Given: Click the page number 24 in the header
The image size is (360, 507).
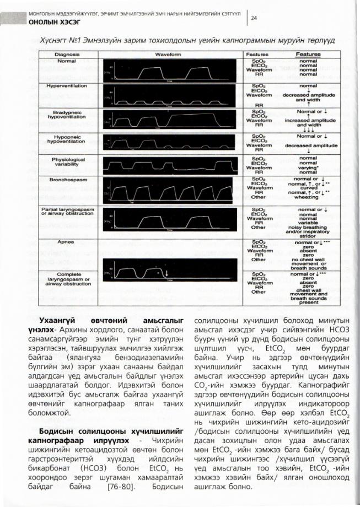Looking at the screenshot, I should point(255,17).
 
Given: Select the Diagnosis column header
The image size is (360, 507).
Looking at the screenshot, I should point(67,55).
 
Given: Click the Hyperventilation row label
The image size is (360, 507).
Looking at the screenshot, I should point(67,87).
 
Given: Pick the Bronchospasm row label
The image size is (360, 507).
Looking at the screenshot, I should point(67,180).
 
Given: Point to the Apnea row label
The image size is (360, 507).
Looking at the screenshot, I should point(67,241).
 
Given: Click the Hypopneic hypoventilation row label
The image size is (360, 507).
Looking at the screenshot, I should point(67,138).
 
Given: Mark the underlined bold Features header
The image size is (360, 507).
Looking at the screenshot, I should point(308,55).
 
